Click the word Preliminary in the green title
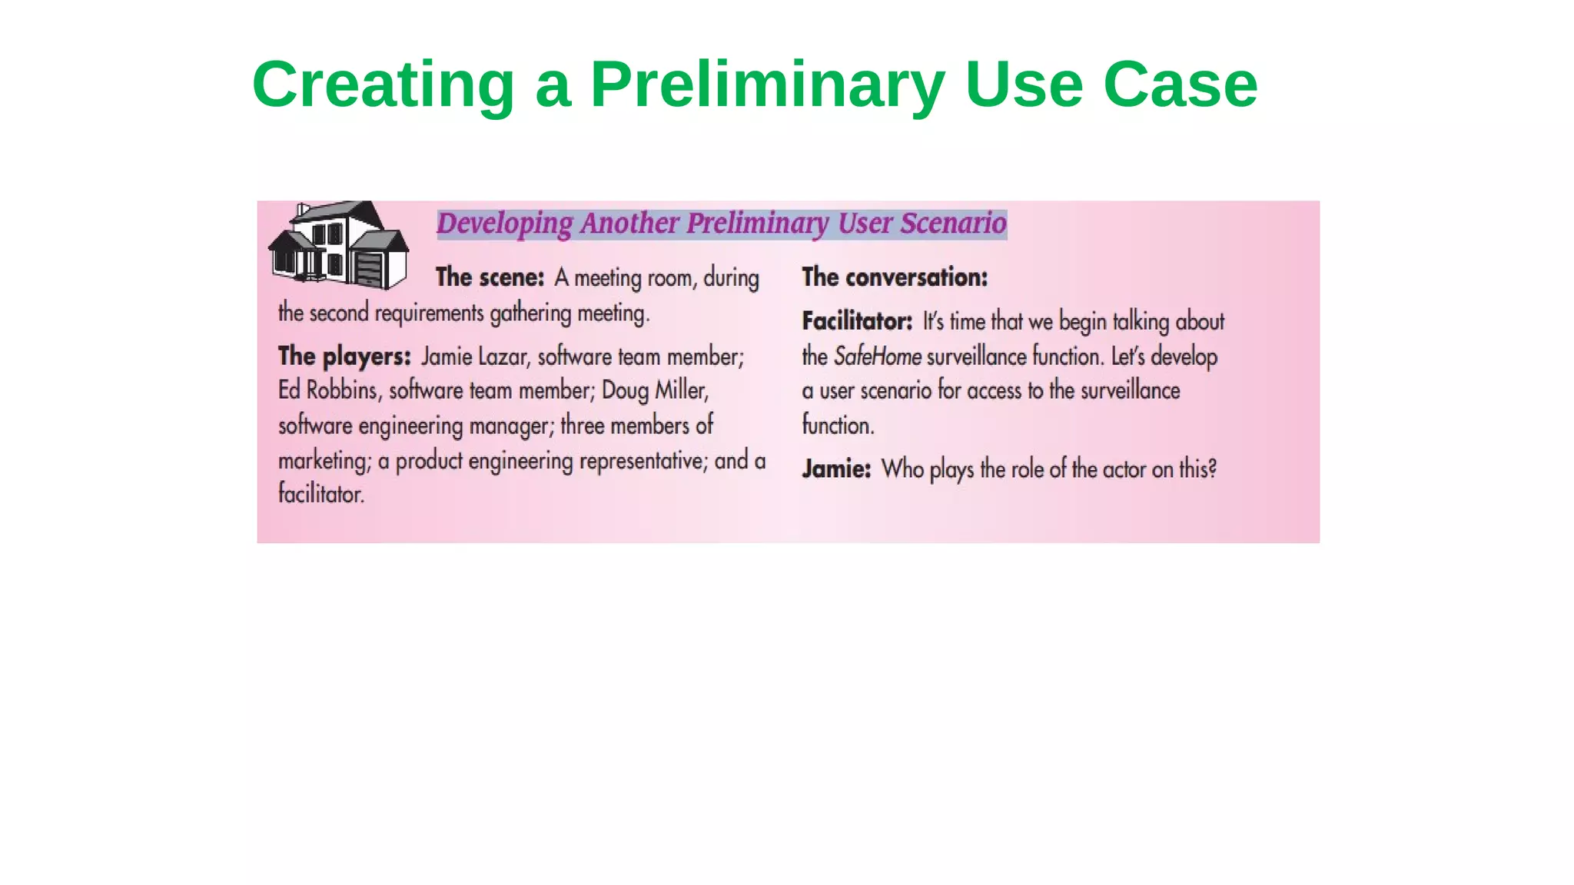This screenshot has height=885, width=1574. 767,85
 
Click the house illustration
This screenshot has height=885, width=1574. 339,244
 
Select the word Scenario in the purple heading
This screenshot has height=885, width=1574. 953,224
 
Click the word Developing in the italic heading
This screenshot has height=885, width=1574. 504,224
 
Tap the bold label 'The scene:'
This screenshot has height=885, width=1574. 490,277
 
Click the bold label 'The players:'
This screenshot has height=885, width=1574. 344,356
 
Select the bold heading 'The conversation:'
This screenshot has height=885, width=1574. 895,277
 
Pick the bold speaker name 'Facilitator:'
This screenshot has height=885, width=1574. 857,321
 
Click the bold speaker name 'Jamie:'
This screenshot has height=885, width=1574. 836,469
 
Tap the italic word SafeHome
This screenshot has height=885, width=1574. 877,356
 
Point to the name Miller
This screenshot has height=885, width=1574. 681,390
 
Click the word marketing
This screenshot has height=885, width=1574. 324,461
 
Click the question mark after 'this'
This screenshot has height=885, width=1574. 1212,469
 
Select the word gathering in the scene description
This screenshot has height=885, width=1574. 530,313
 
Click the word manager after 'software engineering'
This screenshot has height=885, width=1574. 511,426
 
